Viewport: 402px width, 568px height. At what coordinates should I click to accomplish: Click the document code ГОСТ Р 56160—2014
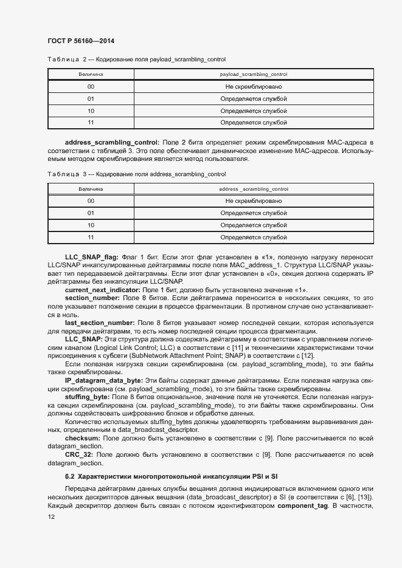tap(80, 41)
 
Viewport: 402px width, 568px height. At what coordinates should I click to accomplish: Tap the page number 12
tap(50, 516)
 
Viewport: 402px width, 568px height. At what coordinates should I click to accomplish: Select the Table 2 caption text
tap(136, 59)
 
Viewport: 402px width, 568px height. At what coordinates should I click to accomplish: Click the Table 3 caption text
tap(136, 174)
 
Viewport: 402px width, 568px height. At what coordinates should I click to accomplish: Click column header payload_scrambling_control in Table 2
tap(253, 74)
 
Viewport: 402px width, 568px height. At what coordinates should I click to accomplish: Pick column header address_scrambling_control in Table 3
tap(253, 189)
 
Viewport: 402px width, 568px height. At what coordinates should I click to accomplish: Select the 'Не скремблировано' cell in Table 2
tap(253, 86)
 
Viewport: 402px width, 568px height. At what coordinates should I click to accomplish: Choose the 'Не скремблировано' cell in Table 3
tap(253, 200)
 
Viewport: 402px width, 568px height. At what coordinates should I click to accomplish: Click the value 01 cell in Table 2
tap(91, 98)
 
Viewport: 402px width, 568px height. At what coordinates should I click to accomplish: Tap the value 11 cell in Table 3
tap(91, 237)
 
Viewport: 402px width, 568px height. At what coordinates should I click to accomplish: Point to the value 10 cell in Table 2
tap(91, 111)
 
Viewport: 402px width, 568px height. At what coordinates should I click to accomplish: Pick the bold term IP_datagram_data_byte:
tap(104, 380)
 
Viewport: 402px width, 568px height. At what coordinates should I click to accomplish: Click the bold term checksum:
tap(83, 437)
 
